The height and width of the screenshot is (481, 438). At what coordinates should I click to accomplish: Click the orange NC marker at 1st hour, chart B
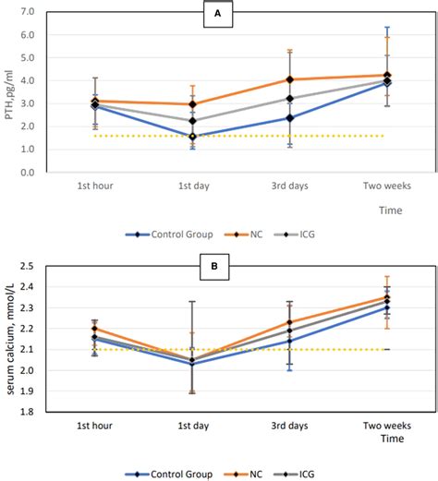[95, 329]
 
